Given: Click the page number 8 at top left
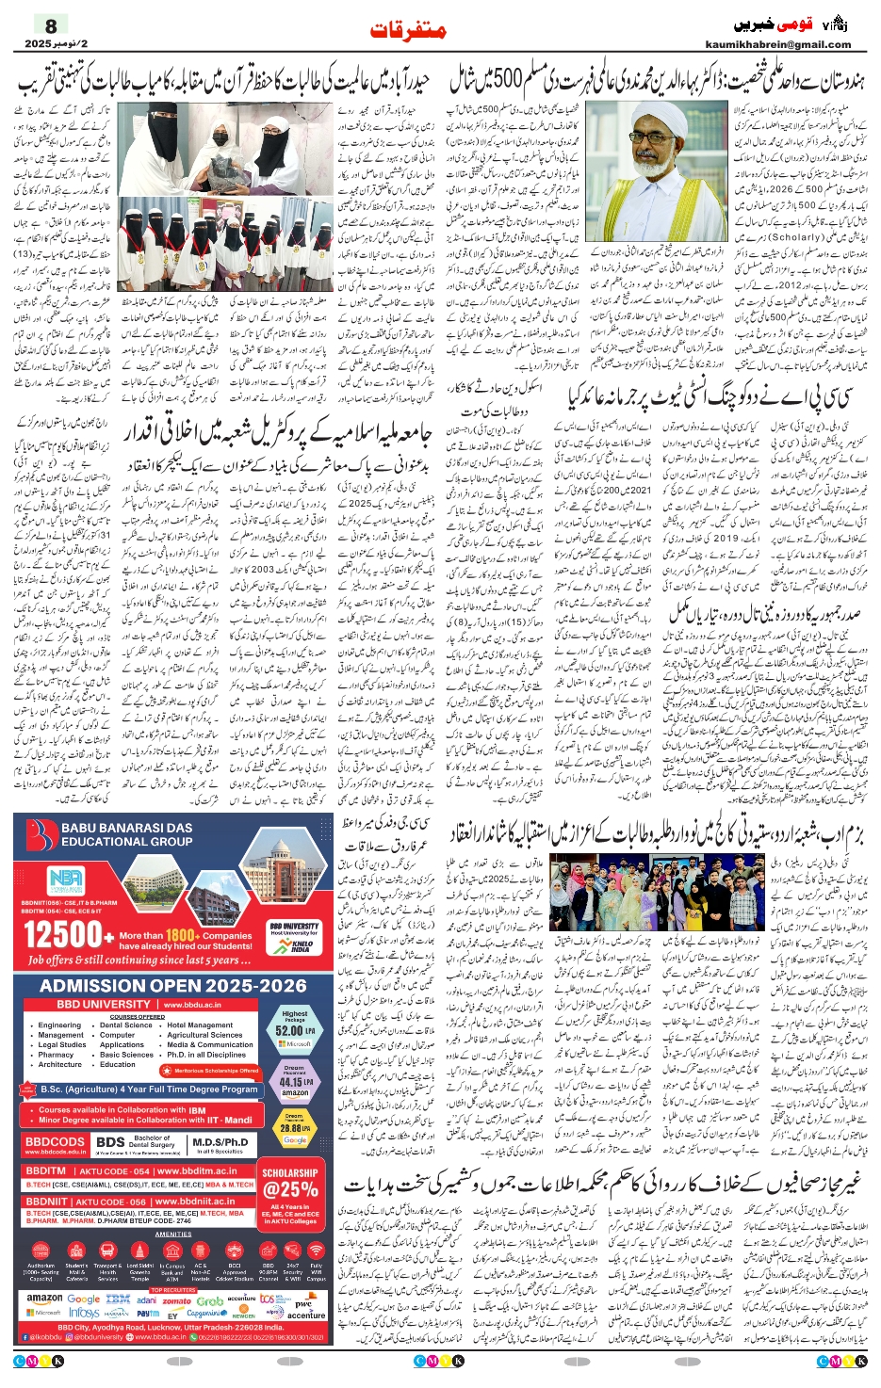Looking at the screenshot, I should (x=51, y=25).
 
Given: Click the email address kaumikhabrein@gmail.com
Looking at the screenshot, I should (x=777, y=44).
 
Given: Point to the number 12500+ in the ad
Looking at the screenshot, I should (x=62, y=935).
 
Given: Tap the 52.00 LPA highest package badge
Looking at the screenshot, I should (x=295, y=1027).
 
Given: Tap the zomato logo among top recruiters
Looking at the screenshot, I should (x=176, y=1300).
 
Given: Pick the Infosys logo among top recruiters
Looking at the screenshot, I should (x=84, y=1313).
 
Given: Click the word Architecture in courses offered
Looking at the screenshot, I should (x=60, y=1064).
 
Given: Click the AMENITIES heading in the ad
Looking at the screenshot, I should (x=173, y=1234).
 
